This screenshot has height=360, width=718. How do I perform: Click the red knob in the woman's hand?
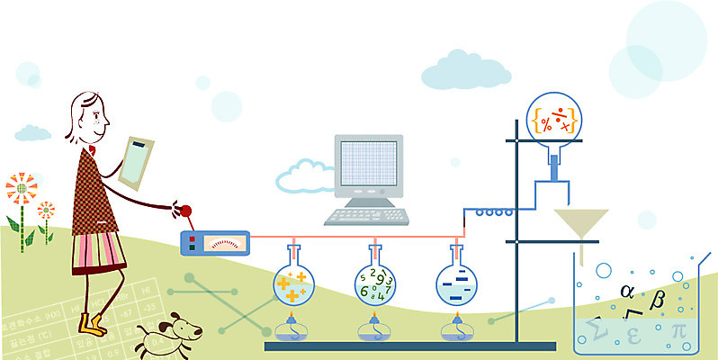(x=187, y=212)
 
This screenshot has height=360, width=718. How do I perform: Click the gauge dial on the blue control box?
(x=225, y=242)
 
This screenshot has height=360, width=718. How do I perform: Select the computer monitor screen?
(x=368, y=166)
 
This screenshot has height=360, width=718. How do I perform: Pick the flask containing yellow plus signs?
(x=293, y=284)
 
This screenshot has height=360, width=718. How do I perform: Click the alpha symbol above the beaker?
(x=627, y=291)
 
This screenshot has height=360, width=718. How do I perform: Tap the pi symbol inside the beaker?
(x=678, y=330)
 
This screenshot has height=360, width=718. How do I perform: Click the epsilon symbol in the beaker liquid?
(x=632, y=337)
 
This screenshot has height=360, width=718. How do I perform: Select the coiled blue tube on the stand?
(x=494, y=213)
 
